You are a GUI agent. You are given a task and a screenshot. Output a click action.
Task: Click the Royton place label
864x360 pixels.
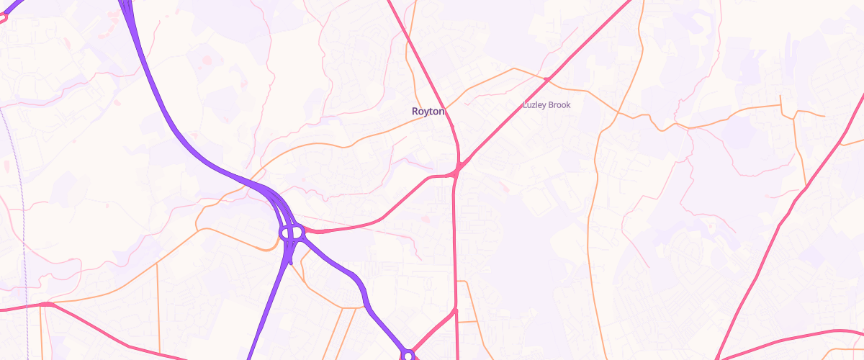click(428, 112)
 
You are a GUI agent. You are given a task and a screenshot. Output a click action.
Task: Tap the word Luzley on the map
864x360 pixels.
click(534, 105)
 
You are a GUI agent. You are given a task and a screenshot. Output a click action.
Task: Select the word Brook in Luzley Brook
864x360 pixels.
click(559, 105)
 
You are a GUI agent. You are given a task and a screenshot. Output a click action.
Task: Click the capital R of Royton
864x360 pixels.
click(415, 112)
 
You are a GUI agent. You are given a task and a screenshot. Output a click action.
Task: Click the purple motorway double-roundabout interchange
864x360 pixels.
click(292, 233)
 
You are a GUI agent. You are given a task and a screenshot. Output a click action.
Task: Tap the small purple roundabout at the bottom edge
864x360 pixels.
click(408, 355)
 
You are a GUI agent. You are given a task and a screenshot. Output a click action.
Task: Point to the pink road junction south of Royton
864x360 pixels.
click(457, 171)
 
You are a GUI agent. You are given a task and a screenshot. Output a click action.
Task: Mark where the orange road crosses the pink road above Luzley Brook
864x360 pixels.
click(547, 78)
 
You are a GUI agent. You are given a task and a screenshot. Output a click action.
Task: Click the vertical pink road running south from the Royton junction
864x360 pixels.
click(454, 245)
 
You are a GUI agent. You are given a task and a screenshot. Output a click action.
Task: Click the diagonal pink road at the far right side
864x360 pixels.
click(785, 216)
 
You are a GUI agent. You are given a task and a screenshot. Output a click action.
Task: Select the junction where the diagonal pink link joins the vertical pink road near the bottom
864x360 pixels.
click(456, 311)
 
